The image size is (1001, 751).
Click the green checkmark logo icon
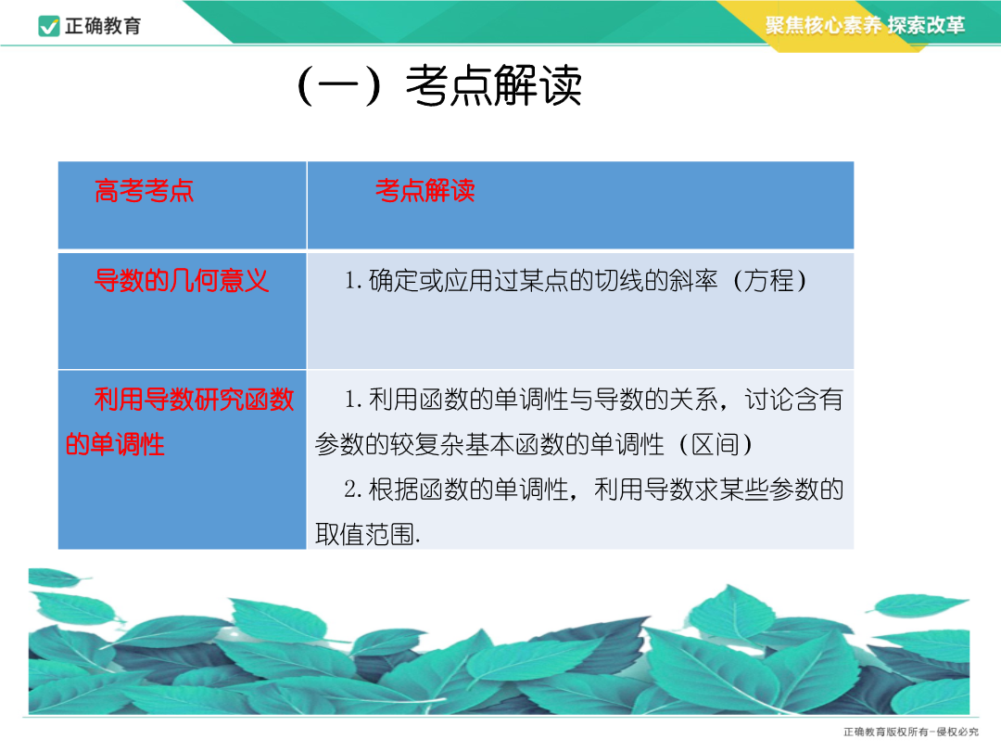(x=49, y=26)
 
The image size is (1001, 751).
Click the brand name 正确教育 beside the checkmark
(x=103, y=26)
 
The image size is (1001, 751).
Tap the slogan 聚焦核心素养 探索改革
(x=865, y=25)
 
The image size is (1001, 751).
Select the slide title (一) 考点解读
(x=439, y=85)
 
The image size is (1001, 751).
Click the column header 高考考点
(x=145, y=190)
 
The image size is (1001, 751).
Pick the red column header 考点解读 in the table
(x=425, y=190)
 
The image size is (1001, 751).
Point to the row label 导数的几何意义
(x=182, y=280)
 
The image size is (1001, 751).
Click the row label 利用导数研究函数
(x=194, y=399)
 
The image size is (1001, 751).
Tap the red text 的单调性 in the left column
(x=115, y=444)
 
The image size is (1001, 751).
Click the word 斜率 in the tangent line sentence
(x=693, y=280)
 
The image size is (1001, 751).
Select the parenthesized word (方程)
(x=769, y=280)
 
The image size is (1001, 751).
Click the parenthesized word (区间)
(x=715, y=444)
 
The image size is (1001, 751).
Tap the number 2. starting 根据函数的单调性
(x=353, y=490)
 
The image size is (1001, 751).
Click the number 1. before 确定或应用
(x=353, y=280)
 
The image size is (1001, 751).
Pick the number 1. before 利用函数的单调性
(x=353, y=399)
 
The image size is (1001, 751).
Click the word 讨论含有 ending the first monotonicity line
(x=793, y=399)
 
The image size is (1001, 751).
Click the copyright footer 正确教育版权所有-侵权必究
(x=911, y=732)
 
